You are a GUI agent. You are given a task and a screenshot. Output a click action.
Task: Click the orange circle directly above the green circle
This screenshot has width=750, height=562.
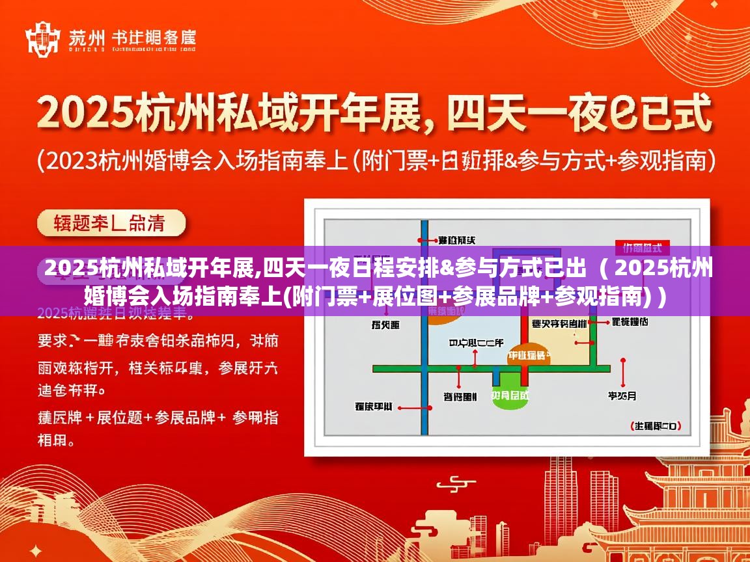pos(529,355)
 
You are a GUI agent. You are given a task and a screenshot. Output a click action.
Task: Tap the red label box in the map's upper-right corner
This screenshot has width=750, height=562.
pos(642,247)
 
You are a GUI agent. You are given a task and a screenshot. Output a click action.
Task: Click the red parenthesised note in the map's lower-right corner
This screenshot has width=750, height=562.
pos(656,426)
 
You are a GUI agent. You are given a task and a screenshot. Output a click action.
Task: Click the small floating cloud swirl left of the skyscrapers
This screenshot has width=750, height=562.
pos(454,483)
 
